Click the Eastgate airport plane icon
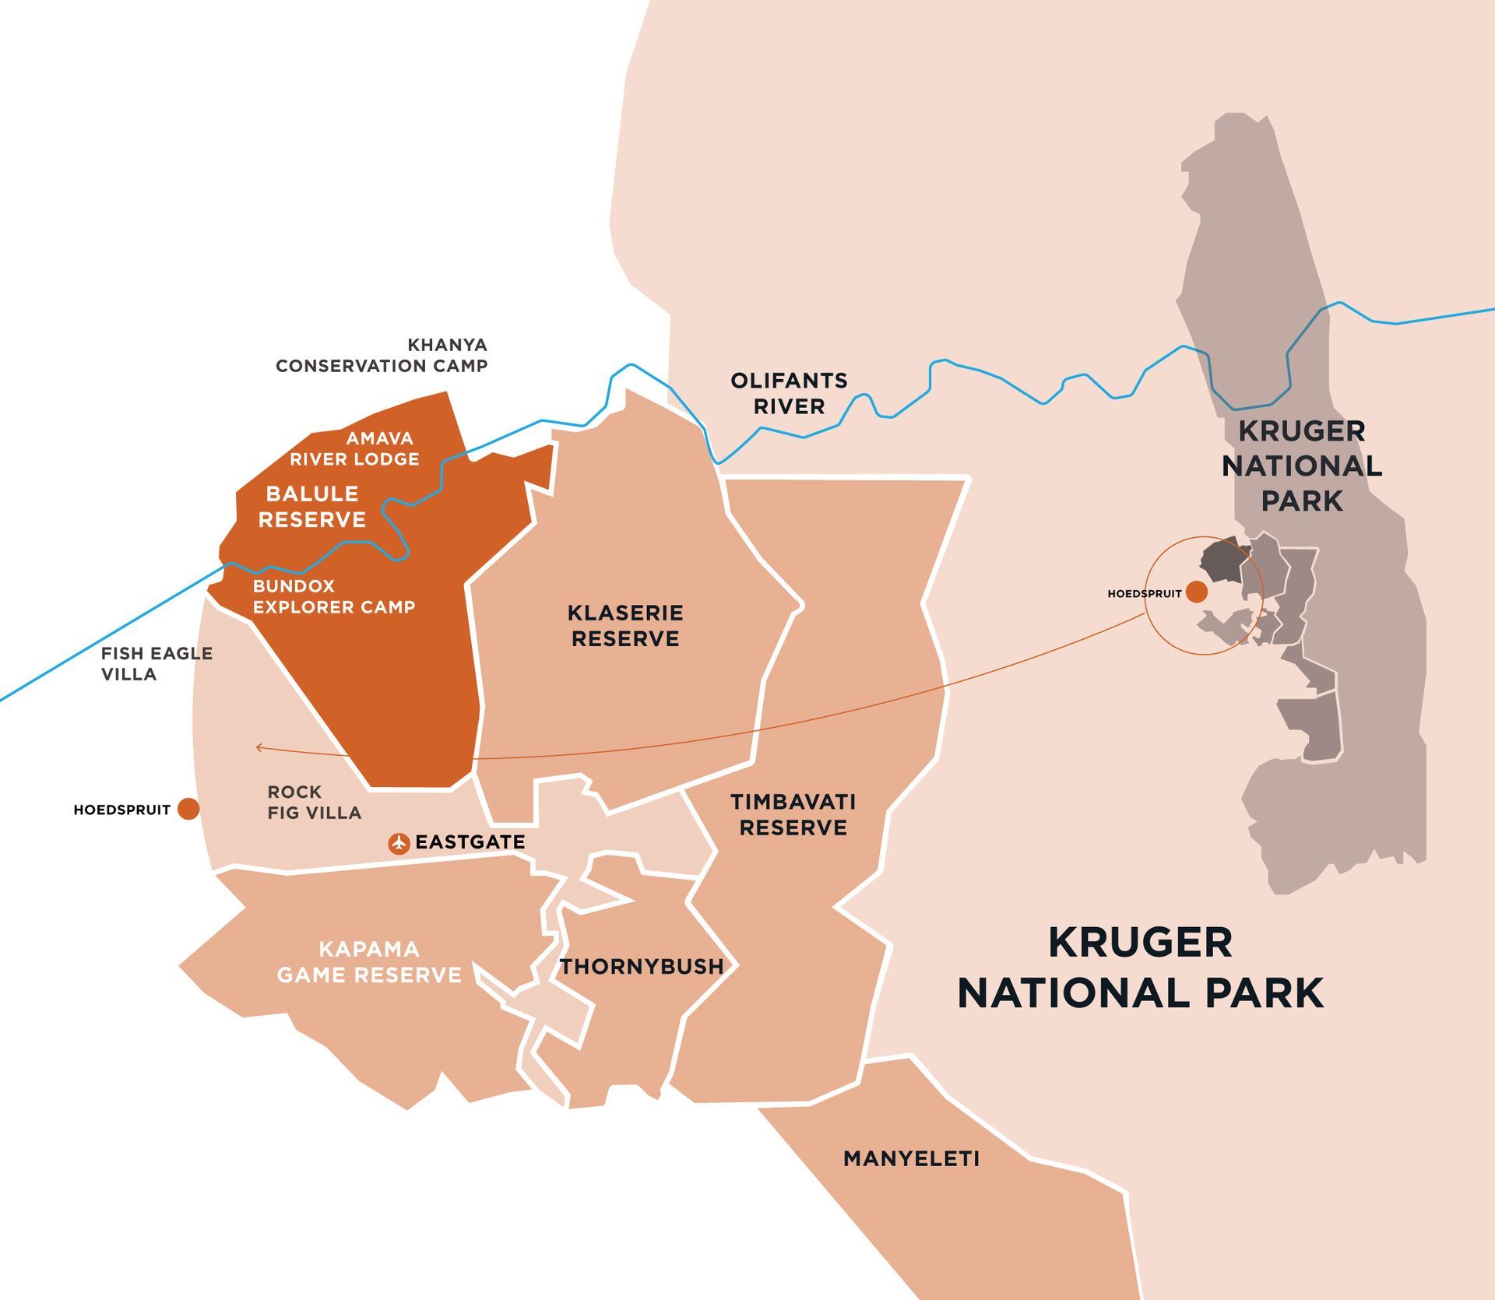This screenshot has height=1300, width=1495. [399, 843]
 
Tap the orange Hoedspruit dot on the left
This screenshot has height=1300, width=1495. [188, 809]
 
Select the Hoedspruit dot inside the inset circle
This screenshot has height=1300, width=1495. [1197, 592]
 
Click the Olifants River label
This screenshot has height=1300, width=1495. [789, 393]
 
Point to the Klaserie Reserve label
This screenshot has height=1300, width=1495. [625, 625]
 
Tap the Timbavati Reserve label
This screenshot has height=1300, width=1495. [793, 814]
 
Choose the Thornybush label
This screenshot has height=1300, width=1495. [642, 966]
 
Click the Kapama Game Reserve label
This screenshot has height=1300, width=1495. [369, 961]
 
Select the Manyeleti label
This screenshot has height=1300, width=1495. [911, 1158]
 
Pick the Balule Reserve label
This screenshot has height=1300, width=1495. [311, 506]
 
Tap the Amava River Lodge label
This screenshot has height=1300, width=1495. [355, 448]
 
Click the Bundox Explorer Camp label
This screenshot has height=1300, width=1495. [333, 596]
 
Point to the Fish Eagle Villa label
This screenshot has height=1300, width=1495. [156, 663]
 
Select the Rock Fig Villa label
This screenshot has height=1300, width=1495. [314, 802]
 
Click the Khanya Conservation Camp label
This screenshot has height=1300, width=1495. [382, 355]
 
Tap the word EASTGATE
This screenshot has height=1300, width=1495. [470, 841]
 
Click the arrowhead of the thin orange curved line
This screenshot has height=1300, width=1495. [259, 748]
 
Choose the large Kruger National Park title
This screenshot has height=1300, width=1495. [1140, 968]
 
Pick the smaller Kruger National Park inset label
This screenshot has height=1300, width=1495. [1301, 466]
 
